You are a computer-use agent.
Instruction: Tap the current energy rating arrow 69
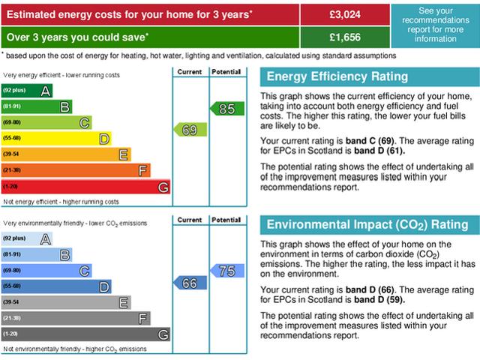coord(188,130)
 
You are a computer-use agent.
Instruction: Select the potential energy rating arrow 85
coord(226,109)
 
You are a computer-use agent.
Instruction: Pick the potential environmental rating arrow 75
coord(226,271)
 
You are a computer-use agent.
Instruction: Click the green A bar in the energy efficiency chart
coord(27,91)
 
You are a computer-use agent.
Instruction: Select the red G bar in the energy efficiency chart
coord(85,186)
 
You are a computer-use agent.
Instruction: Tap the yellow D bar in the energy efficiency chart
coord(56,138)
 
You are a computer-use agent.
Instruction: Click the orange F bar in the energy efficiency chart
coord(76,170)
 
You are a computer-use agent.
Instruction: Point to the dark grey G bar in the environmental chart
coord(85,334)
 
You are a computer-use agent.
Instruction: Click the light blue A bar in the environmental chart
coord(27,238)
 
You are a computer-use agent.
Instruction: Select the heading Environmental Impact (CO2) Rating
coord(367,225)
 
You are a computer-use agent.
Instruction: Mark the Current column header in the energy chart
coord(189,72)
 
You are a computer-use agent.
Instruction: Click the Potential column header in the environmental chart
coord(226,220)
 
